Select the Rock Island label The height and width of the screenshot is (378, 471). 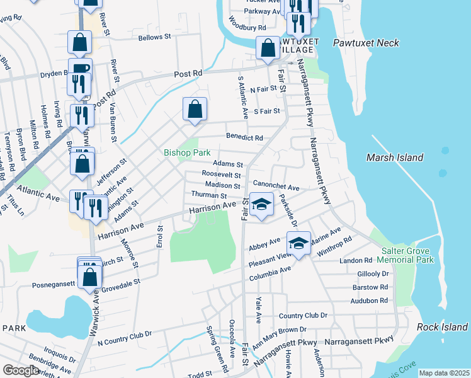click(x=442, y=327)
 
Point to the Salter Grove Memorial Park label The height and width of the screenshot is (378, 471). click(x=407, y=255)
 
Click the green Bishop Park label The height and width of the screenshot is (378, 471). click(x=185, y=152)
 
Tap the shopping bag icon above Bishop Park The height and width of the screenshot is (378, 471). click(x=195, y=109)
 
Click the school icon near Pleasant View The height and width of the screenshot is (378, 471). click(x=299, y=243)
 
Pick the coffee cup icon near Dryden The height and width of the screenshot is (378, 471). click(x=81, y=69)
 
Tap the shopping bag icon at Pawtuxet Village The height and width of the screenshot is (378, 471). click(x=268, y=48)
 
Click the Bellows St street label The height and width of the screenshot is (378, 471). click(x=155, y=38)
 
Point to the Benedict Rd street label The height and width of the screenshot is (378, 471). click(x=244, y=137)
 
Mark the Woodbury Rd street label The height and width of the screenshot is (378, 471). click(x=247, y=28)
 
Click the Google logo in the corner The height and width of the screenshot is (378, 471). click(x=21, y=370)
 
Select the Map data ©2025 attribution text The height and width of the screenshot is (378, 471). click(x=444, y=373)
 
